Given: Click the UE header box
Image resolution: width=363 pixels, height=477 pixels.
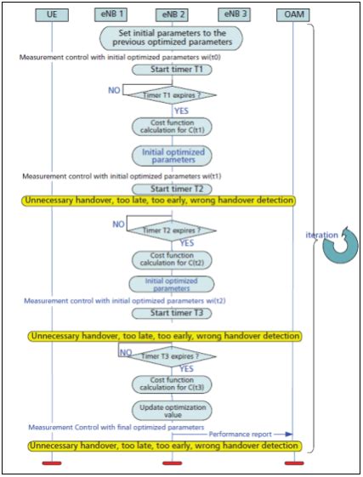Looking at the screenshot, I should coord(52,14).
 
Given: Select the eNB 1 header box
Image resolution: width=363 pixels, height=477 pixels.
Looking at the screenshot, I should coord(112,14).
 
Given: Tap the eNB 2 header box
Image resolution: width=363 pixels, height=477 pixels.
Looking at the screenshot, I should coord(172,14).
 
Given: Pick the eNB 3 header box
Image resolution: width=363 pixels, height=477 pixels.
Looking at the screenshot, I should coord(232,14).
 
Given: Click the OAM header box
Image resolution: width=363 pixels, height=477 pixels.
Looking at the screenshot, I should coord(293,14).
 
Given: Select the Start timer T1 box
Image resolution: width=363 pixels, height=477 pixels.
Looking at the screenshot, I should coord(172,70).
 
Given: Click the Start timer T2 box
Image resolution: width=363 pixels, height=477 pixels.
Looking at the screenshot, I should coord(172,188).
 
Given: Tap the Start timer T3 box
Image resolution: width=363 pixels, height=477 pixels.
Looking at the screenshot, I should coord(172,312).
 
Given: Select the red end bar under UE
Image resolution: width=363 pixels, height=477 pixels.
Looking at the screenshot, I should coord(52,463).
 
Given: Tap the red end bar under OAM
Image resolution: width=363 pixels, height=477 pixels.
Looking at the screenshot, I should coord(293,463).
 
